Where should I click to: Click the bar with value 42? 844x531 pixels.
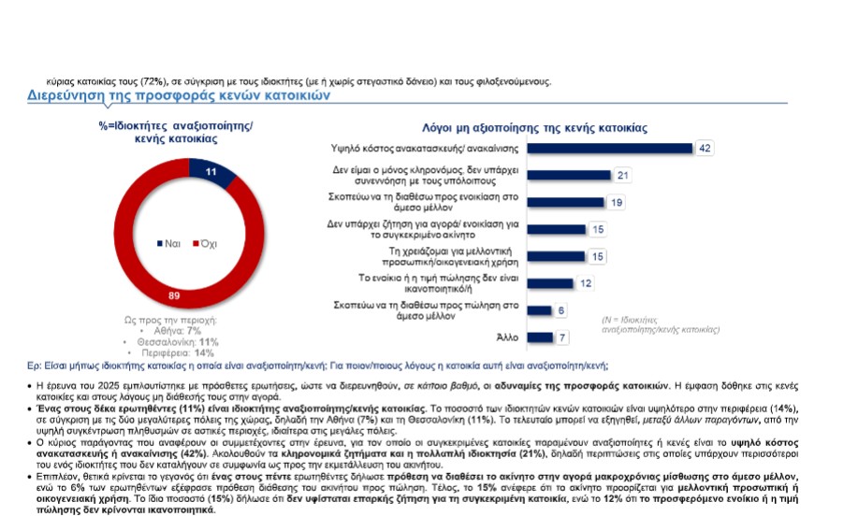tap(609, 149)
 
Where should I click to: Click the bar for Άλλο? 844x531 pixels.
tap(540, 337)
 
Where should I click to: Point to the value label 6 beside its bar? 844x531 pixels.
tap(561, 310)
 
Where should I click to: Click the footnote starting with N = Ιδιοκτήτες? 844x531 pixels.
tap(660, 324)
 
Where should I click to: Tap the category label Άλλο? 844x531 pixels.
tap(506, 337)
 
